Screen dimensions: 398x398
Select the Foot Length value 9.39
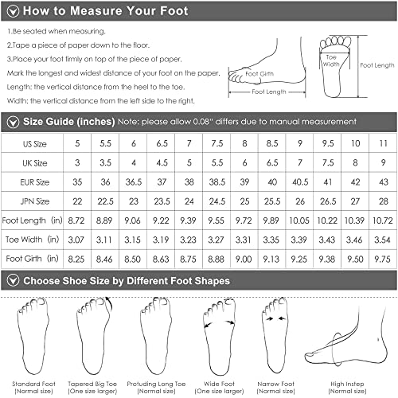tap(189, 218)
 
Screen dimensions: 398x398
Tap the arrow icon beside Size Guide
tap(12, 121)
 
